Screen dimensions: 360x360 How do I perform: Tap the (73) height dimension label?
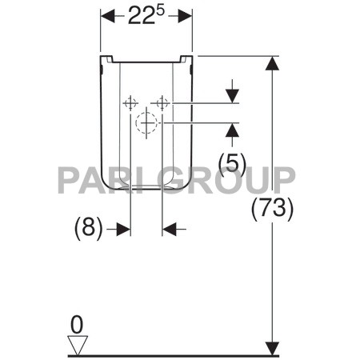pos(273,209)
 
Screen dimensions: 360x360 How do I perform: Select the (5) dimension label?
pos(231,162)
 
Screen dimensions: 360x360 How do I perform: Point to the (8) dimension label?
pos(89,229)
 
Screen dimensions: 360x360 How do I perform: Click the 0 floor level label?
pos(77,324)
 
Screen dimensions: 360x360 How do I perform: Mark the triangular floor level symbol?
pos(77,344)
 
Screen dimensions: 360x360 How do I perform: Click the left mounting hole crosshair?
pos(130,103)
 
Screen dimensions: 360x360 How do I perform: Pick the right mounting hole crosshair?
pos(162,103)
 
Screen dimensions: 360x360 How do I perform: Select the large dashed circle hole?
pos(146,123)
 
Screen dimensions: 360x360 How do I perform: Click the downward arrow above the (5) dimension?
pos(232,95)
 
